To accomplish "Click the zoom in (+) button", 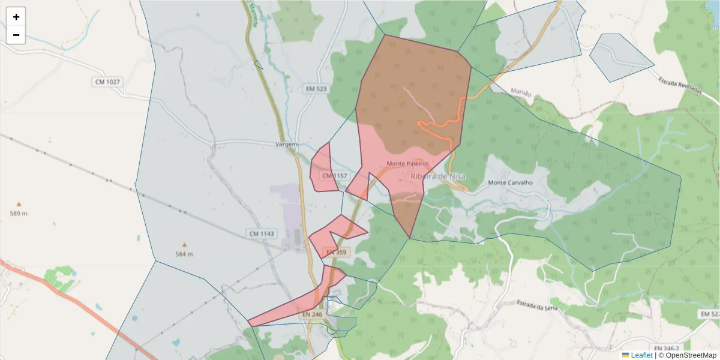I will pyautogui.click(x=16, y=17).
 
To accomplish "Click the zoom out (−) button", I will pyautogui.click(x=16, y=35).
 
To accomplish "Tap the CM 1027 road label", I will pyautogui.click(x=107, y=81).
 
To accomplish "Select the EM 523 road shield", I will pyautogui.click(x=316, y=89).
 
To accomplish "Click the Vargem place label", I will pyautogui.click(x=286, y=145).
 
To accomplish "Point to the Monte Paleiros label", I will pyautogui.click(x=407, y=163).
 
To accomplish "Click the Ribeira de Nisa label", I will pyautogui.click(x=438, y=176).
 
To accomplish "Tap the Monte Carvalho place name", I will pyautogui.click(x=510, y=182).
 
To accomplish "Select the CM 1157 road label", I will pyautogui.click(x=335, y=176).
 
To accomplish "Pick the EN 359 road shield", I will pyautogui.click(x=337, y=253).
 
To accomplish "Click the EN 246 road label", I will pyautogui.click(x=313, y=314).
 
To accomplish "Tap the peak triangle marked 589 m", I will pyautogui.click(x=19, y=205).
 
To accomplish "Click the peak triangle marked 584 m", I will pyautogui.click(x=184, y=245).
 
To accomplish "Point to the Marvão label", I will pyautogui.click(x=521, y=92).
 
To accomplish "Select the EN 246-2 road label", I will pyautogui.click(x=667, y=348).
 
